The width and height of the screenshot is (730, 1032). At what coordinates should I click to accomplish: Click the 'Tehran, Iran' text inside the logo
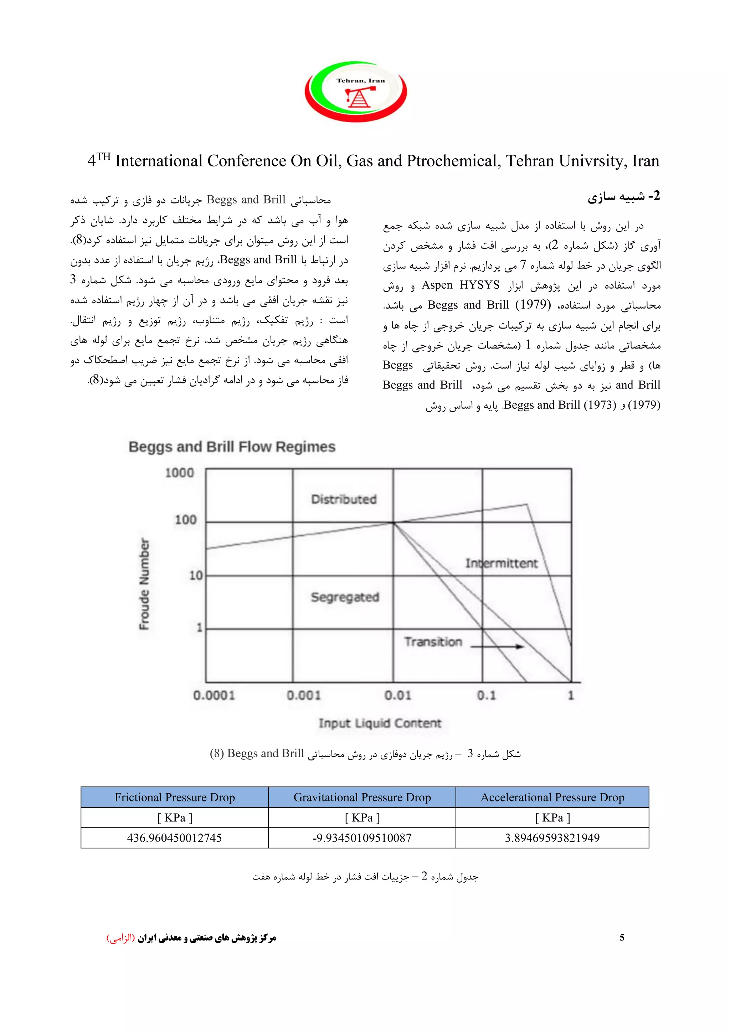click(360, 81)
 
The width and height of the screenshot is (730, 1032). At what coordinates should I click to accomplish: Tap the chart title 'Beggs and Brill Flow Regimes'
click(232, 447)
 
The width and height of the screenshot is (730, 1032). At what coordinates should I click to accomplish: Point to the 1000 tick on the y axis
click(179, 473)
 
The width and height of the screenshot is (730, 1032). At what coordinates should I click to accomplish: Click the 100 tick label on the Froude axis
click(185, 520)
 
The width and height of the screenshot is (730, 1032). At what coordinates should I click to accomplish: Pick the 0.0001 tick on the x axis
click(214, 696)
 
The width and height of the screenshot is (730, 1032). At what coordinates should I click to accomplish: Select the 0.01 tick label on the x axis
click(397, 696)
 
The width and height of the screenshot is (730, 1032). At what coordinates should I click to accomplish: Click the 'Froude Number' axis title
click(144, 584)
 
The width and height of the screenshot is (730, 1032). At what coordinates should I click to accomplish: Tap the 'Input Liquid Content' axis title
click(380, 723)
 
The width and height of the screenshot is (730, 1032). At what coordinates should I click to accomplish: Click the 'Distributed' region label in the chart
click(344, 499)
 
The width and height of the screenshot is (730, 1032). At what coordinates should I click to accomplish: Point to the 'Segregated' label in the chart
click(345, 597)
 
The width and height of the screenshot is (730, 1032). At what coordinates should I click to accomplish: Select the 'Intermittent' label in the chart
click(501, 563)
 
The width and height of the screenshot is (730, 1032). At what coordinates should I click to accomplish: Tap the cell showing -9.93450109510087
click(362, 838)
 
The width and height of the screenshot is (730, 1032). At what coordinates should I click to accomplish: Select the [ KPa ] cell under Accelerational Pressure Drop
click(552, 817)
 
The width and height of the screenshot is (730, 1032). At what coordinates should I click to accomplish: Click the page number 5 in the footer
click(622, 938)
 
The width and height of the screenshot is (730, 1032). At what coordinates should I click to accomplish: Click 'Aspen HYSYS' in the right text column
click(460, 285)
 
